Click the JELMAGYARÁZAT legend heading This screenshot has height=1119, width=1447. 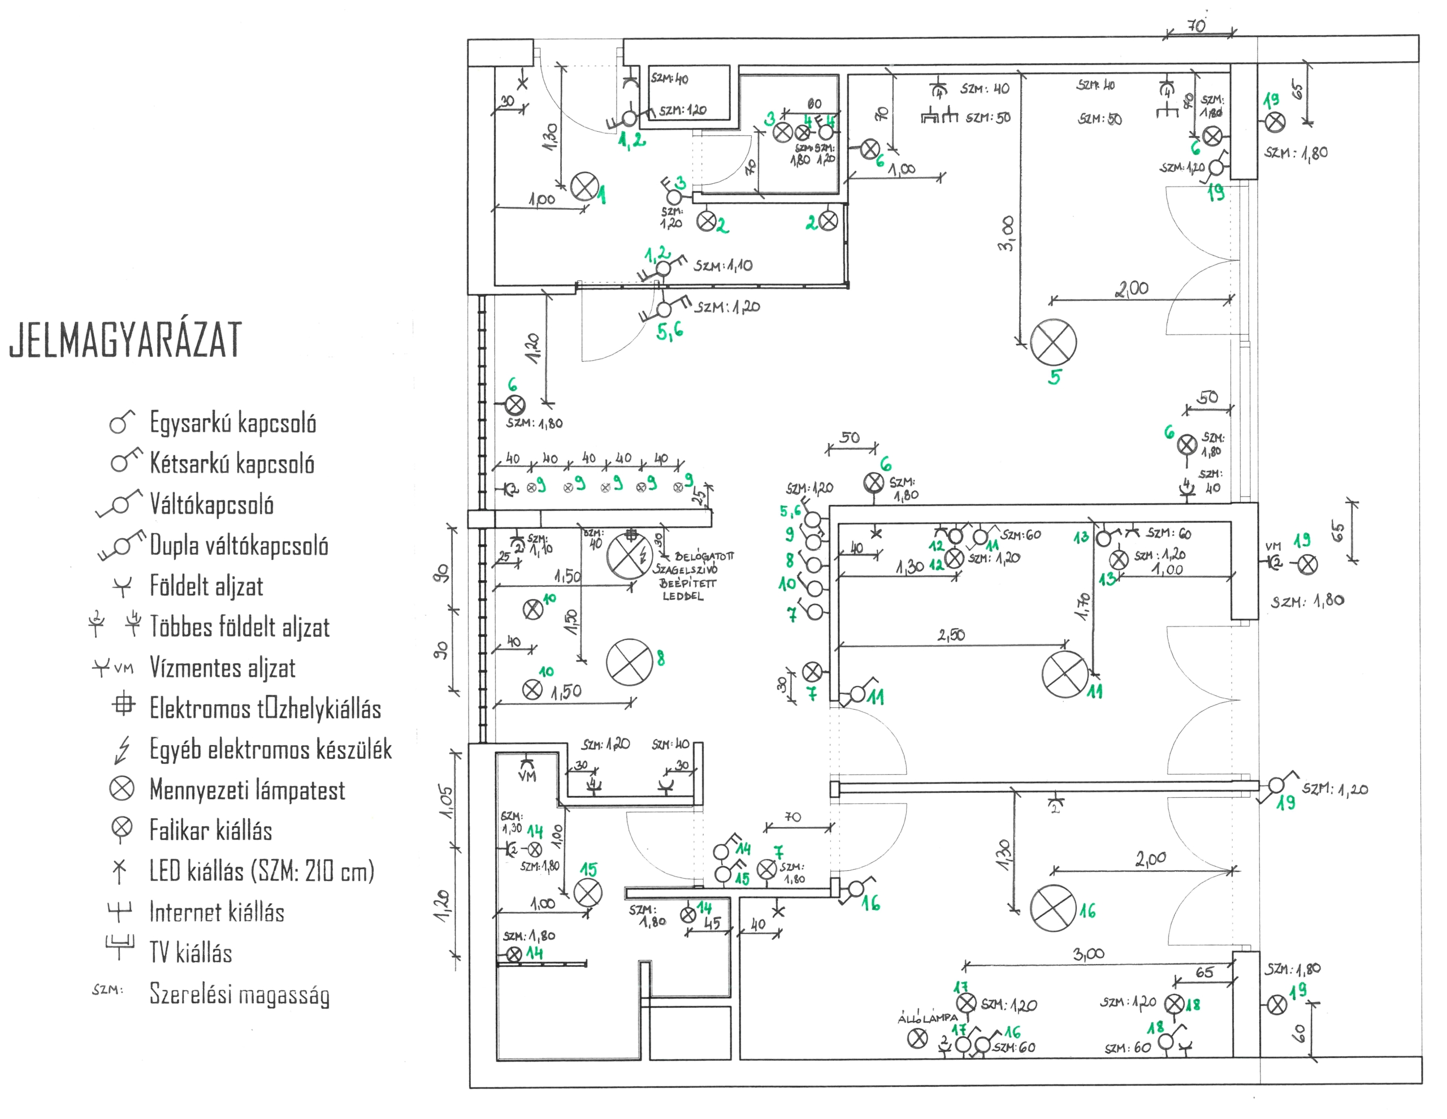pyautogui.click(x=126, y=340)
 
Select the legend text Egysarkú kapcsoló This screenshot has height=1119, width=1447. pyautogui.click(x=232, y=423)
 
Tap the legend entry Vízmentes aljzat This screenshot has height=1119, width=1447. pyautogui.click(x=223, y=668)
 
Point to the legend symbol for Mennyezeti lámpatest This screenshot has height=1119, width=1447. pyautogui.click(x=122, y=789)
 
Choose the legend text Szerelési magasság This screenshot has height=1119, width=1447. pyautogui.click(x=239, y=995)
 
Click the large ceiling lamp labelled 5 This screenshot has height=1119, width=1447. pyautogui.click(x=1053, y=342)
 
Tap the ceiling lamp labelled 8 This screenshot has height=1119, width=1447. pyautogui.click(x=630, y=662)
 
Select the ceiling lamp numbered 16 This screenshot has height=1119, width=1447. pyautogui.click(x=1053, y=908)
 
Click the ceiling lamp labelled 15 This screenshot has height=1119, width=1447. pyautogui.click(x=587, y=892)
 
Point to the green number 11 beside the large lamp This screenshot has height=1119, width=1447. pyautogui.click(x=1094, y=692)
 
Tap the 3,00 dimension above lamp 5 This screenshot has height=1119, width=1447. pyautogui.click(x=1006, y=234)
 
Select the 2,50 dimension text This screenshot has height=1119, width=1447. pyautogui.click(x=951, y=635)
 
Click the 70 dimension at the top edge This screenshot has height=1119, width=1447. pyautogui.click(x=1196, y=27)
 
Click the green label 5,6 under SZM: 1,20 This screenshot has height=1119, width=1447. pyautogui.click(x=670, y=332)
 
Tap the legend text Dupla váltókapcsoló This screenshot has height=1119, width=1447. pyautogui.click(x=239, y=546)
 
